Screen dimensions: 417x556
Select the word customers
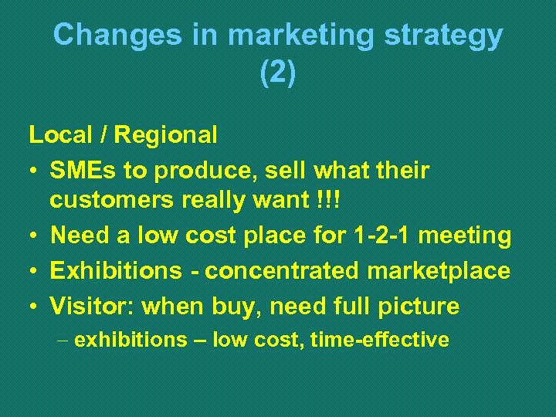pos(113,200)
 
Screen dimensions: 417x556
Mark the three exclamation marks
pos(334,200)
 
